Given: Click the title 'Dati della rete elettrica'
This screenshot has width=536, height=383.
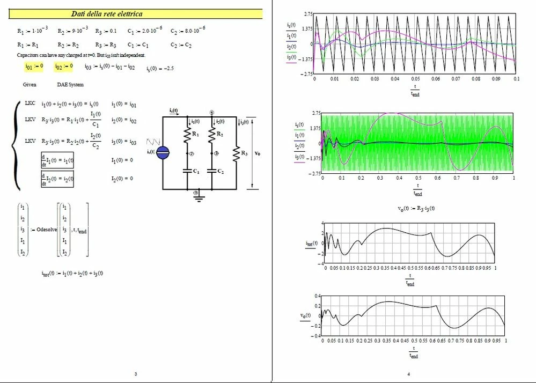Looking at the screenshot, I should click(107, 14).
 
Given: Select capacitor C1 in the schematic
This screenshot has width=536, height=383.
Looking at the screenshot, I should click(188, 171).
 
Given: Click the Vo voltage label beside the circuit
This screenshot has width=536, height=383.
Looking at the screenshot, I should click(258, 153).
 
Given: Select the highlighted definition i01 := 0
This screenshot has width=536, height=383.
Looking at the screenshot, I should click(34, 67).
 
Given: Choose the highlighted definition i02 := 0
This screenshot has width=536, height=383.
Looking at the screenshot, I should click(63, 67).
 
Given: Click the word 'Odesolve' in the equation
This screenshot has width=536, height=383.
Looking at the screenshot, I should click(47, 230).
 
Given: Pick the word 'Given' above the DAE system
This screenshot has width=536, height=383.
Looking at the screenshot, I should click(30, 85).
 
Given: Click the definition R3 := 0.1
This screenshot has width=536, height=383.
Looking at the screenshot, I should click(106, 31).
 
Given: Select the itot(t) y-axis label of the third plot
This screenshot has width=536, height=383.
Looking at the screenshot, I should click(311, 243).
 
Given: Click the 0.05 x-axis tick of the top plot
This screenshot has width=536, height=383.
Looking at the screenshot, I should click(415, 79).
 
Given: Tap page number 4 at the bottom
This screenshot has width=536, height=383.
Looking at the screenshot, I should click(409, 374).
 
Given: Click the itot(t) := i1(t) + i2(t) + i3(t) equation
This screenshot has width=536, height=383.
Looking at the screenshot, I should click(72, 273).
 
